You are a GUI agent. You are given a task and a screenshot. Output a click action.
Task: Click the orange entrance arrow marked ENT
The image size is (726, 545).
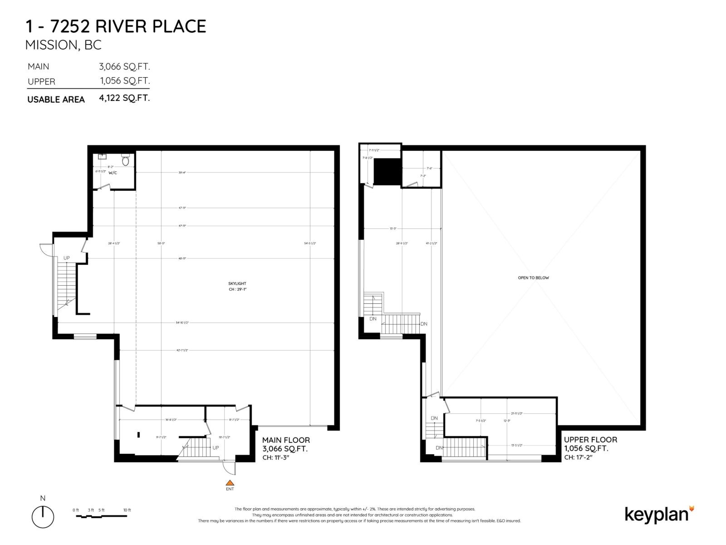(230, 483)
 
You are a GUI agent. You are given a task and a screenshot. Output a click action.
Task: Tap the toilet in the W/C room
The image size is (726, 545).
(126, 160)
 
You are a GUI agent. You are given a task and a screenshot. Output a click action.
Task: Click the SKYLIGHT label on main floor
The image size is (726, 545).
(237, 283)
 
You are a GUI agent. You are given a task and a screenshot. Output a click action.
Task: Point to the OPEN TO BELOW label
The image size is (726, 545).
(533, 277)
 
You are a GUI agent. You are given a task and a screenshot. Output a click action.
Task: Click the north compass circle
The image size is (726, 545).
(43, 517)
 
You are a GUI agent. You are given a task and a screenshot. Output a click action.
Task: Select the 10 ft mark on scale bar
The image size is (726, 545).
(127, 510)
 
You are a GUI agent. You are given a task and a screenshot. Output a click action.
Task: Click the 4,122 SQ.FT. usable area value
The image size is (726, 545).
(124, 98)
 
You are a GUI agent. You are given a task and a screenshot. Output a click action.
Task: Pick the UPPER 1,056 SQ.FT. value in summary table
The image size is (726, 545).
(125, 81)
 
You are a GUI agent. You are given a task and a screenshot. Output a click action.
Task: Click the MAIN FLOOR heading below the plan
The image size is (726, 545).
(286, 440)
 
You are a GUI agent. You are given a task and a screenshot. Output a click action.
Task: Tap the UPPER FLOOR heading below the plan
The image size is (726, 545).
(590, 440)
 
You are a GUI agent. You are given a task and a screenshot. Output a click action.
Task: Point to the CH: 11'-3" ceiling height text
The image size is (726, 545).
(276, 457)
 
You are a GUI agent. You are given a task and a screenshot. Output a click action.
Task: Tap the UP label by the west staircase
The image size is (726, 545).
(67, 258)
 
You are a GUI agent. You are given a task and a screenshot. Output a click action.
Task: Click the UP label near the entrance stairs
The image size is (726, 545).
(216, 448)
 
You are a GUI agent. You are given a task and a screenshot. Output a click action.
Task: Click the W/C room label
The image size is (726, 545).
(113, 173)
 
